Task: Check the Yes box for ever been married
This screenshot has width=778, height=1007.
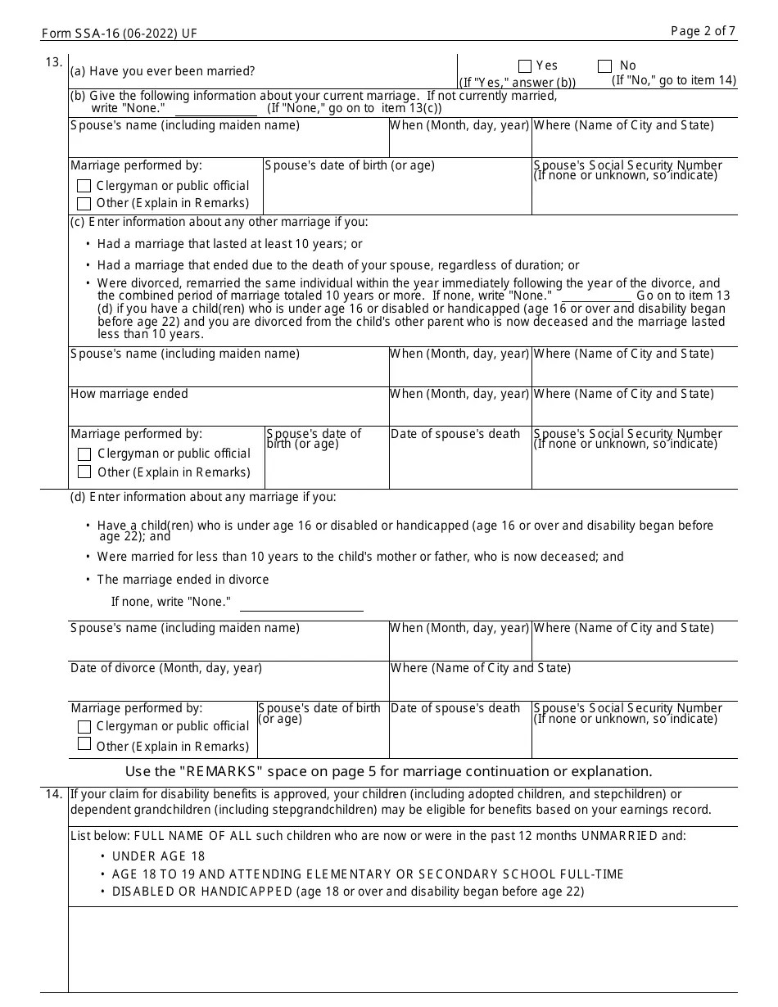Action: (525, 66)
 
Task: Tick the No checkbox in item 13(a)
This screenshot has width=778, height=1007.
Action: (604, 66)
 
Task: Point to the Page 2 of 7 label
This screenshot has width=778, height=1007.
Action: (703, 31)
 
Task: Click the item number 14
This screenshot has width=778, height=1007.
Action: (54, 794)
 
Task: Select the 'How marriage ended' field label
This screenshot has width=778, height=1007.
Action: (129, 394)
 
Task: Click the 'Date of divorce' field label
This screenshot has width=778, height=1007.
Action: (166, 668)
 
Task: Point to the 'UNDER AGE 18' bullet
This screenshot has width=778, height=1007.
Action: (158, 856)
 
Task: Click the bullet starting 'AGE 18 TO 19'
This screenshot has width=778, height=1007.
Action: (368, 874)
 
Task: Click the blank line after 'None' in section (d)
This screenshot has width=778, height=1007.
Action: (301, 606)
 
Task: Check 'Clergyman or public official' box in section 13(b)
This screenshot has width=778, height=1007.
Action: (84, 187)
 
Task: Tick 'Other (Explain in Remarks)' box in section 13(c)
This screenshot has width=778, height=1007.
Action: (84, 472)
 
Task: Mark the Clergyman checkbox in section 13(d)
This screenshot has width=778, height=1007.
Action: (84, 727)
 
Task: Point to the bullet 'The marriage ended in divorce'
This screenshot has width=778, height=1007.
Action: (183, 580)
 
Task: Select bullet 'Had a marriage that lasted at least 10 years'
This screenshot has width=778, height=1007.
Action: (229, 244)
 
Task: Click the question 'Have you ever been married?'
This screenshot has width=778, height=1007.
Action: (162, 71)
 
